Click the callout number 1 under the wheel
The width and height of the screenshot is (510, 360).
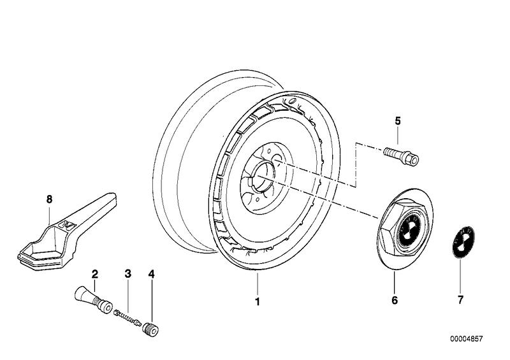pyautogui.click(x=258, y=302)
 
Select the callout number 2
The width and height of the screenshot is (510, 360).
pyautogui.click(x=94, y=275)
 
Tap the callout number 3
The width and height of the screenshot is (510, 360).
pyautogui.click(x=127, y=275)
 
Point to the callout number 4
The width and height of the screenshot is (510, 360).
pyautogui.click(x=151, y=275)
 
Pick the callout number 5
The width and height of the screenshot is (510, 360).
pyautogui.click(x=397, y=121)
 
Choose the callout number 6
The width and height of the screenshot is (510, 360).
pyautogui.click(x=395, y=299)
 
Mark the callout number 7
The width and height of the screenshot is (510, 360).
pyautogui.click(x=461, y=299)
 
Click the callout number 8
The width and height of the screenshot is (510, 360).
pyautogui.click(x=49, y=199)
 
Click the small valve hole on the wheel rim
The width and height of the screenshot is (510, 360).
pyautogui.click(x=290, y=101)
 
